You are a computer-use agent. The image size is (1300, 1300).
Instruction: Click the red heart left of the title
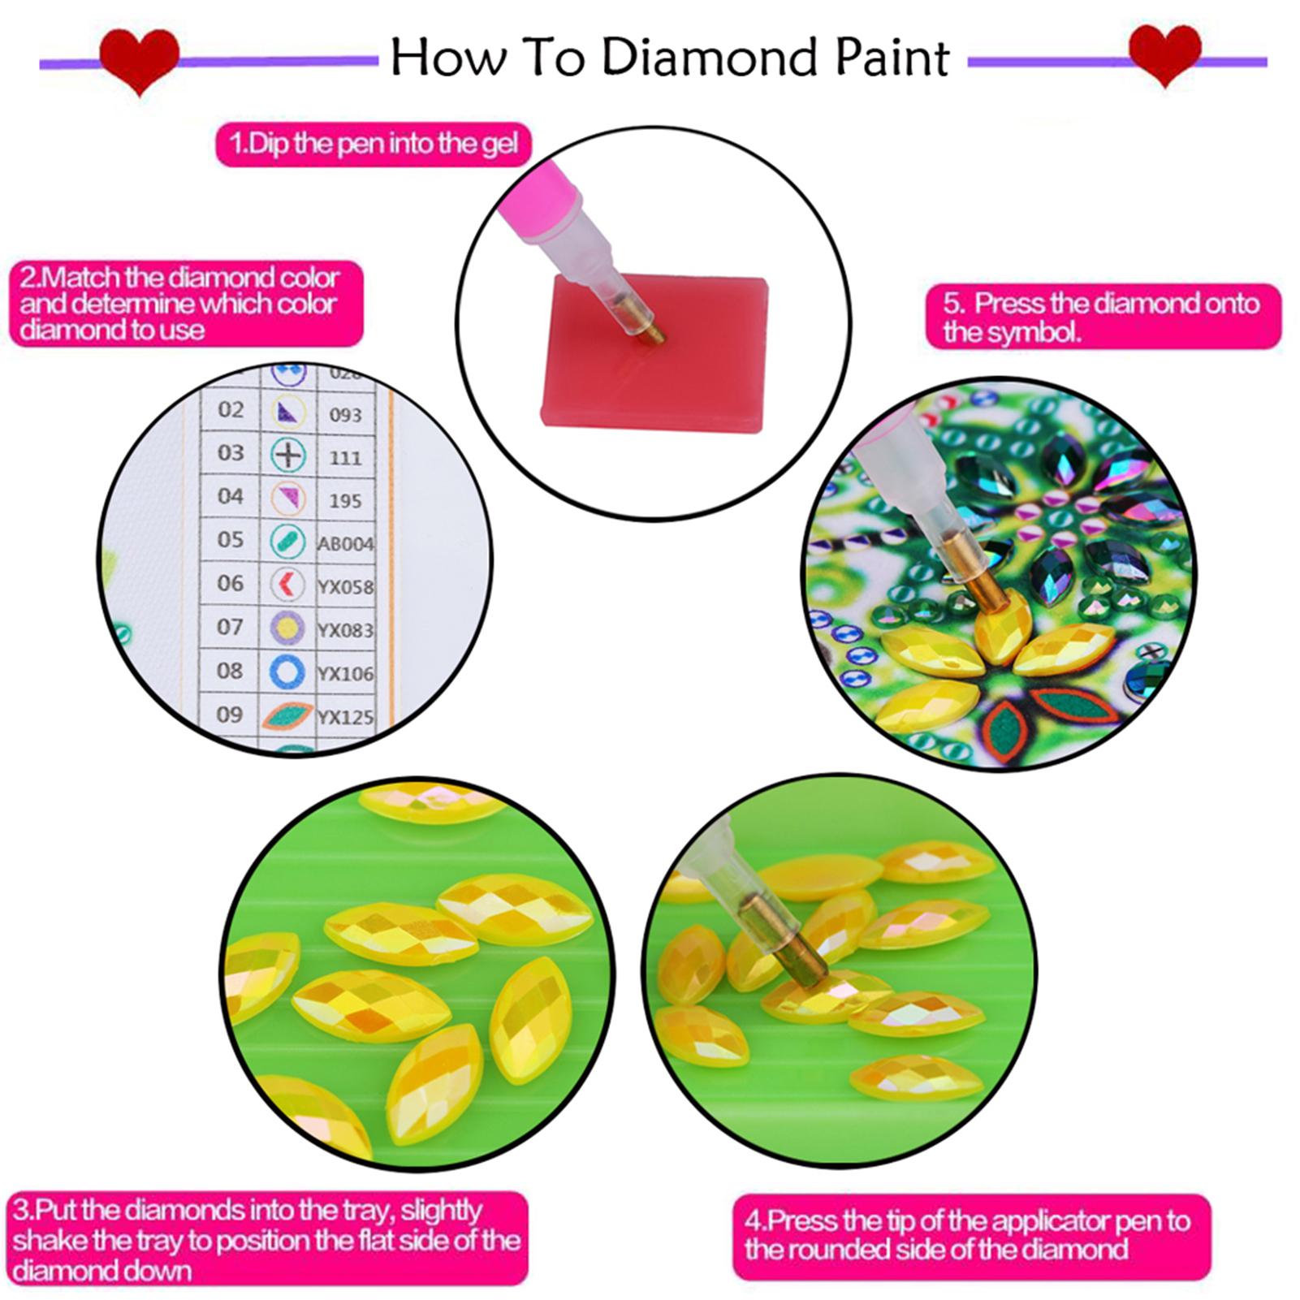click(139, 58)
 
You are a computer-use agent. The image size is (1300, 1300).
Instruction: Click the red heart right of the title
click(1164, 54)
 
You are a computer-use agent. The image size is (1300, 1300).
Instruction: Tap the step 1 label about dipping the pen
click(373, 145)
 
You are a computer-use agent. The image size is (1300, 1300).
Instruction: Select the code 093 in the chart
click(345, 415)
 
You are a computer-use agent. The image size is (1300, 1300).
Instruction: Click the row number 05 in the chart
click(231, 540)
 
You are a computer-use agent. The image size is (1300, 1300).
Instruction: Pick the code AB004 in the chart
click(345, 544)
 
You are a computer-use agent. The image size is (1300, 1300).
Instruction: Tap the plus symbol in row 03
click(288, 455)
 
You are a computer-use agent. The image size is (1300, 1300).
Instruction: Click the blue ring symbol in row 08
click(287, 672)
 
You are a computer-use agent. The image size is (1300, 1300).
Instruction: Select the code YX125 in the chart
click(345, 717)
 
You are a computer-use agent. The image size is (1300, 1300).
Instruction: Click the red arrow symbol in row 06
click(287, 584)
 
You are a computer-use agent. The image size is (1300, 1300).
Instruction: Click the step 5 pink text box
click(1102, 317)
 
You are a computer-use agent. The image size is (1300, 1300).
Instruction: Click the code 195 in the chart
click(345, 501)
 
